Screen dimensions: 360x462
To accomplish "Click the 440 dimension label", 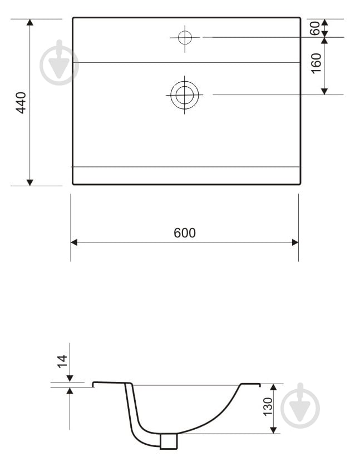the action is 21,102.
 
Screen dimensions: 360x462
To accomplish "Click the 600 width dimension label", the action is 185,233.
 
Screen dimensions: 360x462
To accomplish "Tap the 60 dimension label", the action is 315,28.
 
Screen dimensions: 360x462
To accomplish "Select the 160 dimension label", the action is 316,63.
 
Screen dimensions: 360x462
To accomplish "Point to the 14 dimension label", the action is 62,361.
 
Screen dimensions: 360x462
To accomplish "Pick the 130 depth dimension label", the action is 268,406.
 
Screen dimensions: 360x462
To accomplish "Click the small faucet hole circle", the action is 185,37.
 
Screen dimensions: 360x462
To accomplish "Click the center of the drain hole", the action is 185,95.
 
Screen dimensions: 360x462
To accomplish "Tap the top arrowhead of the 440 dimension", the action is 30,22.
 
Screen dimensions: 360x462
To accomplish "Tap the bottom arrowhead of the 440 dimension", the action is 30,182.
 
